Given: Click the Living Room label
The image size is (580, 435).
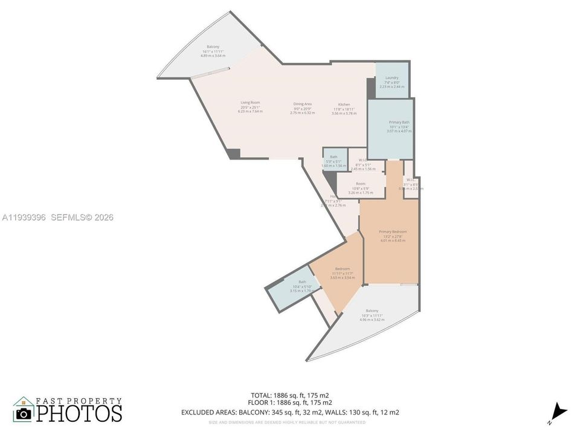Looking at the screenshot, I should pos(250,103).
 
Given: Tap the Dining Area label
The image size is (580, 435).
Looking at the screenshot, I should pos(302,104).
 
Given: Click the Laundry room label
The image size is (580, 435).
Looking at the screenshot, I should pos(391,78).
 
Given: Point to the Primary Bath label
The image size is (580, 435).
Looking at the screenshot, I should pos(399,122).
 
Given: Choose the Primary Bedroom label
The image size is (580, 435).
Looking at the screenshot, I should pos(393,231).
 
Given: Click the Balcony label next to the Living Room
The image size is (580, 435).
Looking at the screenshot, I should pos(213,47).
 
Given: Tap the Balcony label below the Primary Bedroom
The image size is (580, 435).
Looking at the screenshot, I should pos(372,311).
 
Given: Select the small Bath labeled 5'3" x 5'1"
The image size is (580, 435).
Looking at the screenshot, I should pos(333,157).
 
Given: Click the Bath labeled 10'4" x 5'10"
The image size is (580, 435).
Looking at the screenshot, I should pos(302,282).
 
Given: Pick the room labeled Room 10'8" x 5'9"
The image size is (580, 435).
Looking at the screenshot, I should pos(361,184).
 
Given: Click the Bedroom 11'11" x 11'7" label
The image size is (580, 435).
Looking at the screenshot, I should pos(342,269).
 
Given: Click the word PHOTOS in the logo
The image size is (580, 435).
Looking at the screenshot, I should pos(79,413).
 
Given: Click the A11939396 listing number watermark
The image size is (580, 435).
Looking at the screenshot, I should pos(25,217).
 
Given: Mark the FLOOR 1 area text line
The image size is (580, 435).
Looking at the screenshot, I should pos(290,402).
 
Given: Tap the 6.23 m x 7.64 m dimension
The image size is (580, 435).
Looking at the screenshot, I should pos(250,112).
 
